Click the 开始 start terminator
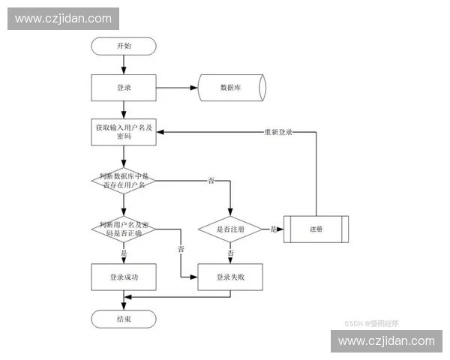[124, 46]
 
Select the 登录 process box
[124, 88]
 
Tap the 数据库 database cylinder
[230, 88]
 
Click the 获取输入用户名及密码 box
[124, 132]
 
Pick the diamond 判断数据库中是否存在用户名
[124, 180]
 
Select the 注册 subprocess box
[316, 229]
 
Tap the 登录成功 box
[124, 277]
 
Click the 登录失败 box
[230, 277]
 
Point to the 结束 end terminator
[124, 319]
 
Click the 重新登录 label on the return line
[277, 132]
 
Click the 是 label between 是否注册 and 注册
[273, 229]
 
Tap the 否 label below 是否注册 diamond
[230, 253]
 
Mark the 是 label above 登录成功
[124, 253]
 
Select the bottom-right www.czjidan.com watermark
[386, 340]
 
